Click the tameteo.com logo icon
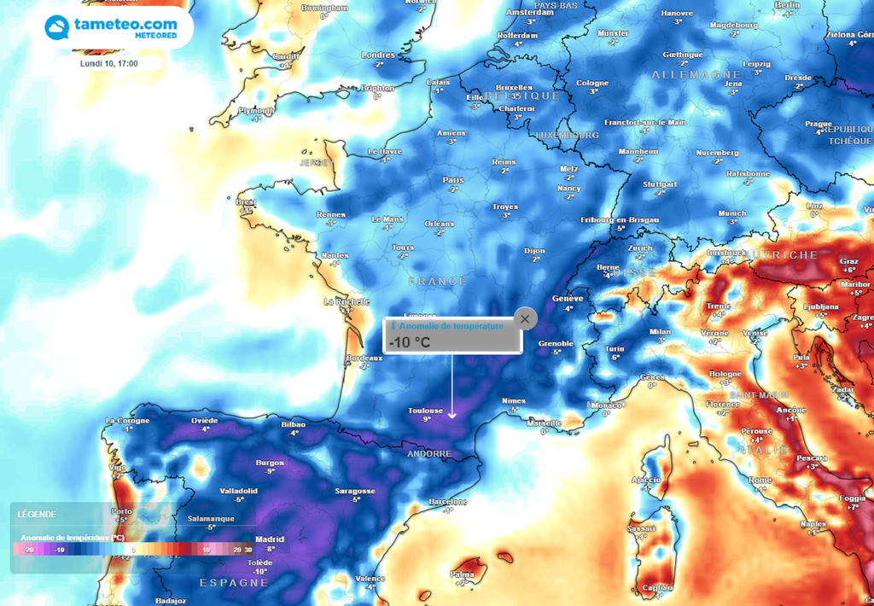pos(58,27)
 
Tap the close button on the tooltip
pos(525,319)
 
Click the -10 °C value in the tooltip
pos(410,342)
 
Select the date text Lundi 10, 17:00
pos(109,63)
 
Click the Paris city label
pos(453,180)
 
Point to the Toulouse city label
pos(427,411)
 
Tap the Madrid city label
pos(270,539)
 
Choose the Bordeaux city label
pos(364,358)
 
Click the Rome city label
pos(760,481)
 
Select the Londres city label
pos(378,55)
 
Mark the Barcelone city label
pos(448,502)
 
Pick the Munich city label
pos(732,213)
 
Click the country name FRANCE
pos(437,281)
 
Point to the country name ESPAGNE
pos(234,582)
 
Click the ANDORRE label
pos(428,454)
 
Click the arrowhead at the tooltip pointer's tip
pos(452,416)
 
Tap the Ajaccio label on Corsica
pos(645,481)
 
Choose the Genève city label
pos(568,299)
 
